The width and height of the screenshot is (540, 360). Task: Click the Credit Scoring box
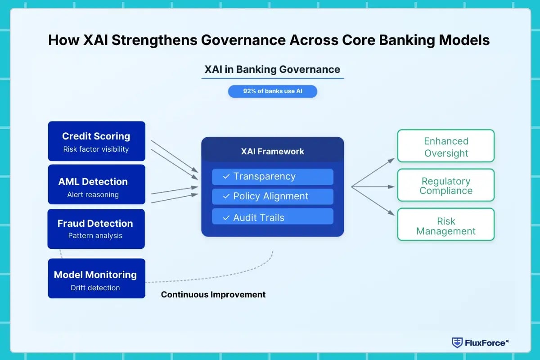click(x=96, y=141)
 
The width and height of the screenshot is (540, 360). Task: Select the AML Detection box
click(x=96, y=184)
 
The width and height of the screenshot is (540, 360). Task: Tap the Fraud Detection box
click(x=96, y=229)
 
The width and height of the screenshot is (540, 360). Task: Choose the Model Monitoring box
click(x=96, y=279)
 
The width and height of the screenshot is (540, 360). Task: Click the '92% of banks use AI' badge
click(x=272, y=91)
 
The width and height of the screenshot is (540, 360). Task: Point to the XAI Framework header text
click(x=272, y=152)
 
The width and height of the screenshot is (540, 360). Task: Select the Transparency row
click(x=272, y=177)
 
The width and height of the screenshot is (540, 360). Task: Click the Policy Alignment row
click(x=272, y=197)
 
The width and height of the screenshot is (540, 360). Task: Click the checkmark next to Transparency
click(x=226, y=177)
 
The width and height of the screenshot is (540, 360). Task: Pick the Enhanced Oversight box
click(x=445, y=146)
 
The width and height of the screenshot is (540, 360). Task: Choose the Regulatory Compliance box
click(x=445, y=185)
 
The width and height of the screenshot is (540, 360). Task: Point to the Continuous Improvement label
click(x=213, y=295)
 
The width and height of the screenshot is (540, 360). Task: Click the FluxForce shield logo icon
click(x=457, y=342)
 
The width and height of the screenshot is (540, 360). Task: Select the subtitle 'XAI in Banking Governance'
click(x=272, y=69)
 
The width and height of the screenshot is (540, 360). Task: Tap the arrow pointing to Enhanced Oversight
click(x=373, y=172)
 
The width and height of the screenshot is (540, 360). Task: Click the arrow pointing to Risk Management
click(x=373, y=201)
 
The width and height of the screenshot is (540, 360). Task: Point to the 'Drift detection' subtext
click(x=95, y=288)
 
